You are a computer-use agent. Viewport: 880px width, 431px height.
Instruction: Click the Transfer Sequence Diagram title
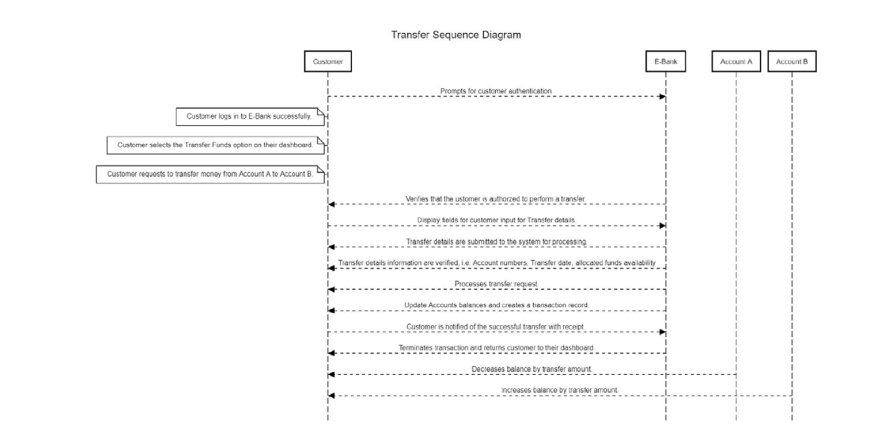click(456, 36)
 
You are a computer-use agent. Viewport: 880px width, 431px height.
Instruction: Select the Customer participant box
click(327, 62)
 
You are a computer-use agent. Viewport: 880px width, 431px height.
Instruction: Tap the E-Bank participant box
click(666, 62)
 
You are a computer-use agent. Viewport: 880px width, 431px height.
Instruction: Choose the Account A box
click(736, 62)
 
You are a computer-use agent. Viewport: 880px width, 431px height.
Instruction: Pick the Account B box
click(791, 62)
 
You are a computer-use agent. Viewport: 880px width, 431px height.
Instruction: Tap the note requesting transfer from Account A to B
click(211, 174)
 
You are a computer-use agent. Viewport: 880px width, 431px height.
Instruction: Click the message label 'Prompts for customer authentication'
click(496, 91)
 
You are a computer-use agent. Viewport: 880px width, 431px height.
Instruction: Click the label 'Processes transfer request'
click(496, 284)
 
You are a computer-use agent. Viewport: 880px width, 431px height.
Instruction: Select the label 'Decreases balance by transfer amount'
click(532, 369)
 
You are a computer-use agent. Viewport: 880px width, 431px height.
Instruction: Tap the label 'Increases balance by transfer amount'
click(559, 390)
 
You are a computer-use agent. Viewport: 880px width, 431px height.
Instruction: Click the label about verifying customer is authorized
click(496, 198)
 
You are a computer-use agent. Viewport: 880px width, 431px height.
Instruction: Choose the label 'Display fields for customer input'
click(496, 220)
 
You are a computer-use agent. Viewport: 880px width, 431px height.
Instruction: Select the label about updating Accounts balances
click(496, 305)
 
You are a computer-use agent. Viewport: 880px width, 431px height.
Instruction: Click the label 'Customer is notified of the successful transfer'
click(496, 326)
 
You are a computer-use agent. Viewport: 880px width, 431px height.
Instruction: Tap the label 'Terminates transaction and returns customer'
click(496, 347)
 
